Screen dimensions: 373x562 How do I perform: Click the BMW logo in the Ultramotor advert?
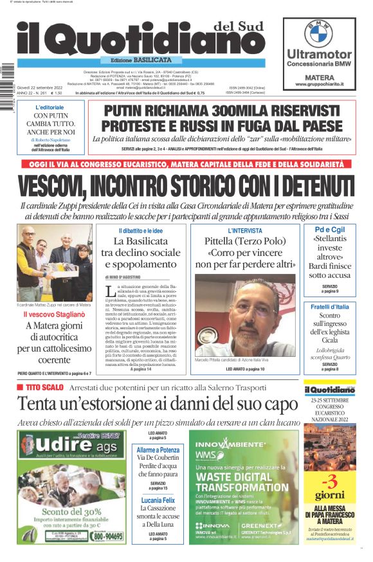coord(318,33)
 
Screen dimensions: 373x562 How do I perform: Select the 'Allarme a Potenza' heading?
coord(158,450)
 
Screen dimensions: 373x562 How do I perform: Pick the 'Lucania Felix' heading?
coord(158,499)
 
